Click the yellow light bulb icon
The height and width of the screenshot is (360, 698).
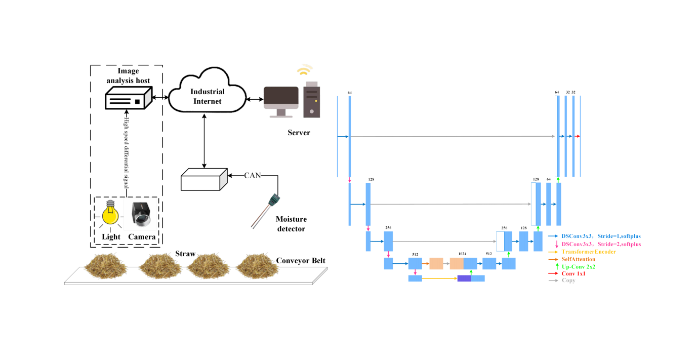pos(110,215)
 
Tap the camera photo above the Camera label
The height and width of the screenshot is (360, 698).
pos(142,215)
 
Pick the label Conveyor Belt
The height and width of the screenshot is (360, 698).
pos(301,261)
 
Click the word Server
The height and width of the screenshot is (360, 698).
pos(299,133)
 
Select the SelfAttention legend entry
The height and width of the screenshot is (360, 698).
pos(578,259)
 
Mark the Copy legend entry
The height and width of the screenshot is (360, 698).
pos(568,281)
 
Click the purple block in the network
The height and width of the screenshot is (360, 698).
pos(464,278)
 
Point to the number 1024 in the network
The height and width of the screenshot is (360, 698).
pos(462,253)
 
